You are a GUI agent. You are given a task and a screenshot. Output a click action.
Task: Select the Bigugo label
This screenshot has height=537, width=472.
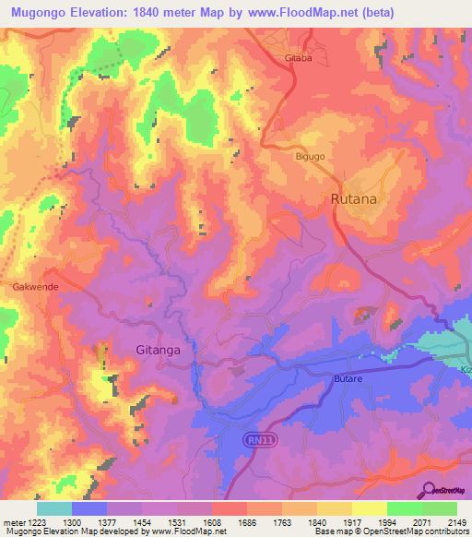[x=310, y=157]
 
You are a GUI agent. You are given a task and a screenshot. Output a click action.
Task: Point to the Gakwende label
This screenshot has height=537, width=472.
[x=36, y=287]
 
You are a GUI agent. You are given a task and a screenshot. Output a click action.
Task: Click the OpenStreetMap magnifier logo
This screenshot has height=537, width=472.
[x=429, y=489]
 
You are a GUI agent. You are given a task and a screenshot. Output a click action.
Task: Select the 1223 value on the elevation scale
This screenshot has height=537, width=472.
[x=38, y=521]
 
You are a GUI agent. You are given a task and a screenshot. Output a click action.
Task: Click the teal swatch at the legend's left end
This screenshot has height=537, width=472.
[x=53, y=508]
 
